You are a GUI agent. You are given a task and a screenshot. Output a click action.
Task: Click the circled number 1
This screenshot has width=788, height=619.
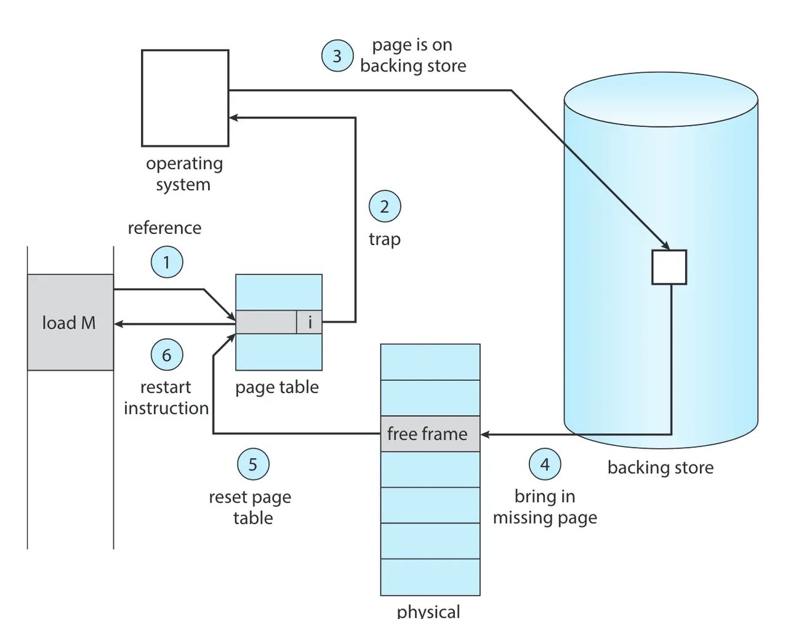coord(166,262)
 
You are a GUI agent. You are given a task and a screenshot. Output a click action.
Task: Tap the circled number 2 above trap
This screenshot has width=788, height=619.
coord(385,207)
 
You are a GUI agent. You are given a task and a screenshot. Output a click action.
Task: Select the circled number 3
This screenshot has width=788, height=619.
coord(337,56)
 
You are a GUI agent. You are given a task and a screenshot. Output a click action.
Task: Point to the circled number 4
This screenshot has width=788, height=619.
coord(545,464)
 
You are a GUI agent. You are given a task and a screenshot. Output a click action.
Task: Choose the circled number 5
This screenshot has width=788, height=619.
coord(253,464)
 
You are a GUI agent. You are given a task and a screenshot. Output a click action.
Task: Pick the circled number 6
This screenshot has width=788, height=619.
coord(167,355)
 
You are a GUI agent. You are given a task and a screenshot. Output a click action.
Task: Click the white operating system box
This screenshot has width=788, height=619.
coord(185,98)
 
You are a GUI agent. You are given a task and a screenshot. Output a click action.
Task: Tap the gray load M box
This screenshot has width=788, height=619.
coord(70,322)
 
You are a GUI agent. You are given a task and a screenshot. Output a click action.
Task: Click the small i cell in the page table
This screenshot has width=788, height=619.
coord(310,322)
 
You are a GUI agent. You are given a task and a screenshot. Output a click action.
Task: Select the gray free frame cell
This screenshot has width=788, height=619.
coord(430,434)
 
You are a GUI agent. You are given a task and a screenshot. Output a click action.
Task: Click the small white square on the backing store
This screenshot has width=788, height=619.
coord(669,267)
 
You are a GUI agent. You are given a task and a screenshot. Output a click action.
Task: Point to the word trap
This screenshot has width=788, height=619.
coord(385,239)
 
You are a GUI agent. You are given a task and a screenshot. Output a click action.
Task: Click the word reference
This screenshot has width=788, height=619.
coord(164,228)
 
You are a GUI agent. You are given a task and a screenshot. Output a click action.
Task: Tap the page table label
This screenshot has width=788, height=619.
coord(277,387)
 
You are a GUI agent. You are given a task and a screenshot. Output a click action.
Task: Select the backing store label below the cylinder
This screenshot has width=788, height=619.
coord(661,467)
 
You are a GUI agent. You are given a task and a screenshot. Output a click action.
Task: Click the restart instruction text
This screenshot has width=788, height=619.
coord(166,398)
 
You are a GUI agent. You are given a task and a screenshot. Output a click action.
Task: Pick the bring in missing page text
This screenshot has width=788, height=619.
coord(545,507)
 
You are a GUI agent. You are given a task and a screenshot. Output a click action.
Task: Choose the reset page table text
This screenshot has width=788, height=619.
coord(251,508)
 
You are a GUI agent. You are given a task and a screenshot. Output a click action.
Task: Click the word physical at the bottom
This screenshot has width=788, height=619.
coord(428,611)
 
